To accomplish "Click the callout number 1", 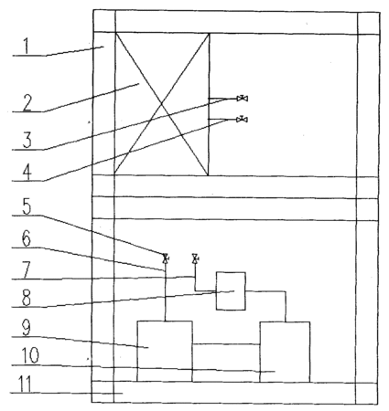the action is (x=27, y=47).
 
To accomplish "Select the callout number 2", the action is (x=27, y=102).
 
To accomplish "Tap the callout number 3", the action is (x=27, y=140).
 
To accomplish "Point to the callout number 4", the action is (x=27, y=173).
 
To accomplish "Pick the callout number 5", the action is (x=27, y=206).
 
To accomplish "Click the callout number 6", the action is (x=27, y=238).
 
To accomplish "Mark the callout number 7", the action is (x=27, y=269).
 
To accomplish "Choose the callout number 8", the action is (x=27, y=298).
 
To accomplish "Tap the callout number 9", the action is (x=27, y=328).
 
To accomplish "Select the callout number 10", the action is (x=30, y=355).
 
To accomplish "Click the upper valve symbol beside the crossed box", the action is (x=243, y=99).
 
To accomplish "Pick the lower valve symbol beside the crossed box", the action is (x=243, y=120).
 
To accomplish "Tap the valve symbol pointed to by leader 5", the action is (x=166, y=258).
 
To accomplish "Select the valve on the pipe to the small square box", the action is (x=195, y=258).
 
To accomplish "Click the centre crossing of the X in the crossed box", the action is (x=161, y=104).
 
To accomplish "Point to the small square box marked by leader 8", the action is (x=231, y=291).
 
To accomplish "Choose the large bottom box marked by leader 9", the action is (x=165, y=352).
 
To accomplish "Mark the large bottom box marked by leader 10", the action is (x=285, y=352).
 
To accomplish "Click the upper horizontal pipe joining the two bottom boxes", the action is (x=226, y=344).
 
